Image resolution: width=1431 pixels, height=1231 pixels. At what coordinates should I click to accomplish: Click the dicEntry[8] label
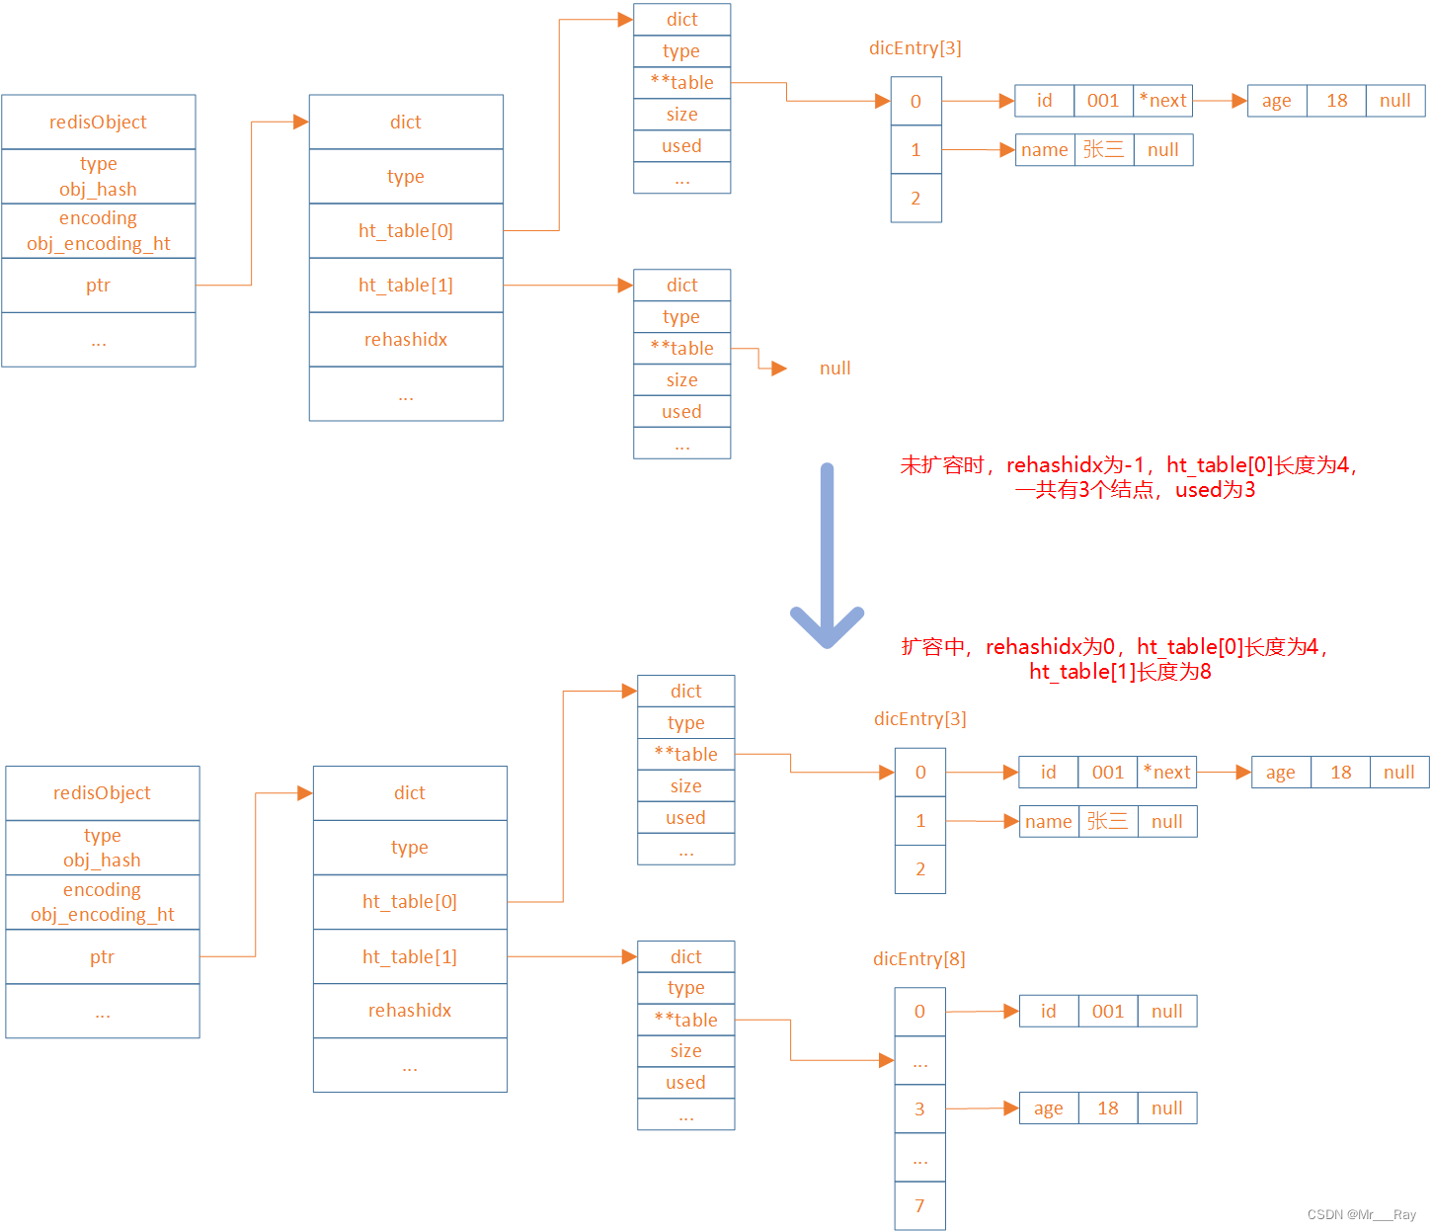tap(918, 958)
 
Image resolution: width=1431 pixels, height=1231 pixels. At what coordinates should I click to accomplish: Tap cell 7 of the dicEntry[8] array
tap(919, 1205)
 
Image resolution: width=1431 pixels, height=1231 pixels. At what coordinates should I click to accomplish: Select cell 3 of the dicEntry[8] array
tap(919, 1108)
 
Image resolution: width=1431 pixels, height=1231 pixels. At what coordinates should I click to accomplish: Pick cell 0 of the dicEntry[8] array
tap(919, 1011)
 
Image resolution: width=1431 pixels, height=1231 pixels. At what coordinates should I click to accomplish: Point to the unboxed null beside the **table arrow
tap(835, 369)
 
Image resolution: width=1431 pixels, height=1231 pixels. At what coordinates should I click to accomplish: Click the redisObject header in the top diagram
tap(98, 122)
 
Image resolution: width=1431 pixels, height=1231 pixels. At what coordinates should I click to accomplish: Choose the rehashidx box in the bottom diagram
tap(410, 1010)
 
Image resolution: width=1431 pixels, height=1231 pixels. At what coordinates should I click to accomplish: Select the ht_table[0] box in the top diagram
tap(406, 230)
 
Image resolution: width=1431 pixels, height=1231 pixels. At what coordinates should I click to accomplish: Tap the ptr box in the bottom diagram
tap(102, 956)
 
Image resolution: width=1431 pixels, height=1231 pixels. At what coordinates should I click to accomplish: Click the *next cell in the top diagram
tap(1162, 100)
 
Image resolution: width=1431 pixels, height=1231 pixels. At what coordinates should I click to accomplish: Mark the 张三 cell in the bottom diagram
tap(1107, 821)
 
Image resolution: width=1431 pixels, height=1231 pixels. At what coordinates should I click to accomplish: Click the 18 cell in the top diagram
tap(1336, 100)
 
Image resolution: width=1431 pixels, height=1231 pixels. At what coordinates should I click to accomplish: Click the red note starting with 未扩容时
tap(1129, 477)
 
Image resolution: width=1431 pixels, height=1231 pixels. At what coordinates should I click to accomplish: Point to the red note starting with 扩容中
tap(1116, 659)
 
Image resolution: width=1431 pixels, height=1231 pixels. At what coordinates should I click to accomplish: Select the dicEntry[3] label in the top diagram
tap(914, 47)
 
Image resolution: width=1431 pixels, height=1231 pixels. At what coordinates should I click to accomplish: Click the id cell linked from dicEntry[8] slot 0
tap(1048, 1011)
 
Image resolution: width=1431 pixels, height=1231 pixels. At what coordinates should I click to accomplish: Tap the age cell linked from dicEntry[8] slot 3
tap(1048, 1108)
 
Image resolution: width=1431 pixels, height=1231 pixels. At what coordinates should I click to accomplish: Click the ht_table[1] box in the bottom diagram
tap(410, 956)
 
